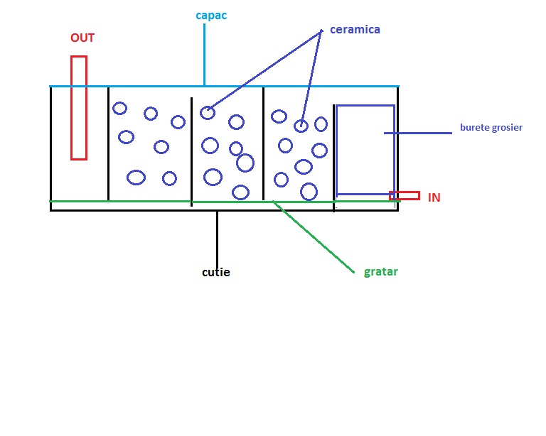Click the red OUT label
click(x=82, y=38)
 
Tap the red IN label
click(x=434, y=197)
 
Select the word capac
click(x=211, y=16)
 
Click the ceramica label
click(x=355, y=30)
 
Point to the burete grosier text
click(x=491, y=128)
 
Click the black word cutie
click(x=216, y=272)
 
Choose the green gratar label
click(x=380, y=271)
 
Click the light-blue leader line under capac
click(x=205, y=55)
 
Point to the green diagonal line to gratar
click(x=314, y=236)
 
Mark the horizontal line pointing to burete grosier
click(x=418, y=133)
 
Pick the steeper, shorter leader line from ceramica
click(x=311, y=78)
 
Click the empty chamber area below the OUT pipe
click(x=79, y=180)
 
